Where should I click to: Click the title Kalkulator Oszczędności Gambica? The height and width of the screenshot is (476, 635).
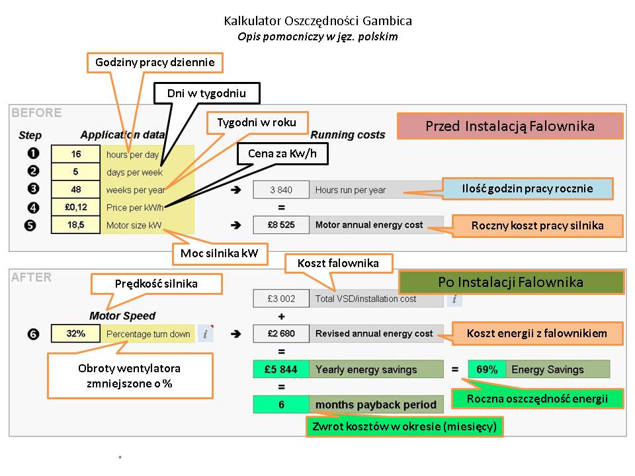[317, 21]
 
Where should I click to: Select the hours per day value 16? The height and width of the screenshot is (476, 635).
[76, 155]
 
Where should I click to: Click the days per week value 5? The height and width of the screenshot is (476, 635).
[76, 172]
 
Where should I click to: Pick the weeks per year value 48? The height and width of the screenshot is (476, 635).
[76, 190]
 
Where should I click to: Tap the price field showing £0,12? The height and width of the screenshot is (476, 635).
[76, 208]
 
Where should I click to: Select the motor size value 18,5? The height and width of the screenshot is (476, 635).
[76, 225]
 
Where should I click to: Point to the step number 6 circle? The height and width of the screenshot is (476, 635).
[33, 334]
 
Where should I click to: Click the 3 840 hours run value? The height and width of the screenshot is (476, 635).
[281, 190]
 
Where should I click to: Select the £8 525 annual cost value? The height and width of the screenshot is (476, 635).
[281, 225]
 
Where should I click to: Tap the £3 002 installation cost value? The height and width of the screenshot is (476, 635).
[281, 299]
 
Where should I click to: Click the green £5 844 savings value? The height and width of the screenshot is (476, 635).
[281, 369]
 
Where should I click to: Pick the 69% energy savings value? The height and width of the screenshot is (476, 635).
[487, 369]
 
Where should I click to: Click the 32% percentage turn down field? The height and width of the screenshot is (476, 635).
[76, 334]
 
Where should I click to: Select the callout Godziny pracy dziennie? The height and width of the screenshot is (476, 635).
[155, 63]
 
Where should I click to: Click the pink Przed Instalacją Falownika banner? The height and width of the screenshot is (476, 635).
[510, 126]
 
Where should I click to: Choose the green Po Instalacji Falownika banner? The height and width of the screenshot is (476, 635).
[511, 282]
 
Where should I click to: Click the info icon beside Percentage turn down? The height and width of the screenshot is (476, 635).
[206, 334]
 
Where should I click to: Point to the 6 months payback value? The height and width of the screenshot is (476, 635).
[281, 404]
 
